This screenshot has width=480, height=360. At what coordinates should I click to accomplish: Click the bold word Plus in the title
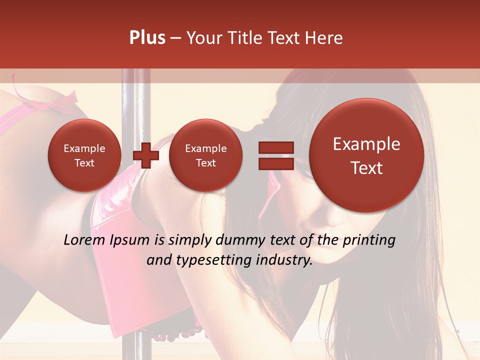coord(147,38)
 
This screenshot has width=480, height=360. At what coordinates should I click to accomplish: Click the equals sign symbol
coord(275,155)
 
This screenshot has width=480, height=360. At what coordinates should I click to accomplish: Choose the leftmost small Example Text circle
coord(84,155)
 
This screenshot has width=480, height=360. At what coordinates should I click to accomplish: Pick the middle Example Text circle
coord(205,155)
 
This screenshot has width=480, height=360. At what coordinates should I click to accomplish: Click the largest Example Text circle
coord(366,155)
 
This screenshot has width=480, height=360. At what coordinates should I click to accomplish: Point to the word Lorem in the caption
coord(85,240)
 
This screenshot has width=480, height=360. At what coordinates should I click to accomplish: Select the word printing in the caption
coord(368,240)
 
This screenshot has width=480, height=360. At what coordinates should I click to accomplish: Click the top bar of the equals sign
coord(275,147)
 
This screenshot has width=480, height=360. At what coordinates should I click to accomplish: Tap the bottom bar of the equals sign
coord(275,163)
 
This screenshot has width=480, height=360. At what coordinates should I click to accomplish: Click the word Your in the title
coord(203,38)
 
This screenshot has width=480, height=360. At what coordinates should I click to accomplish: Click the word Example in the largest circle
coord(366,144)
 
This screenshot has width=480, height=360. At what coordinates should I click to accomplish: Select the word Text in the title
coord(284,38)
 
